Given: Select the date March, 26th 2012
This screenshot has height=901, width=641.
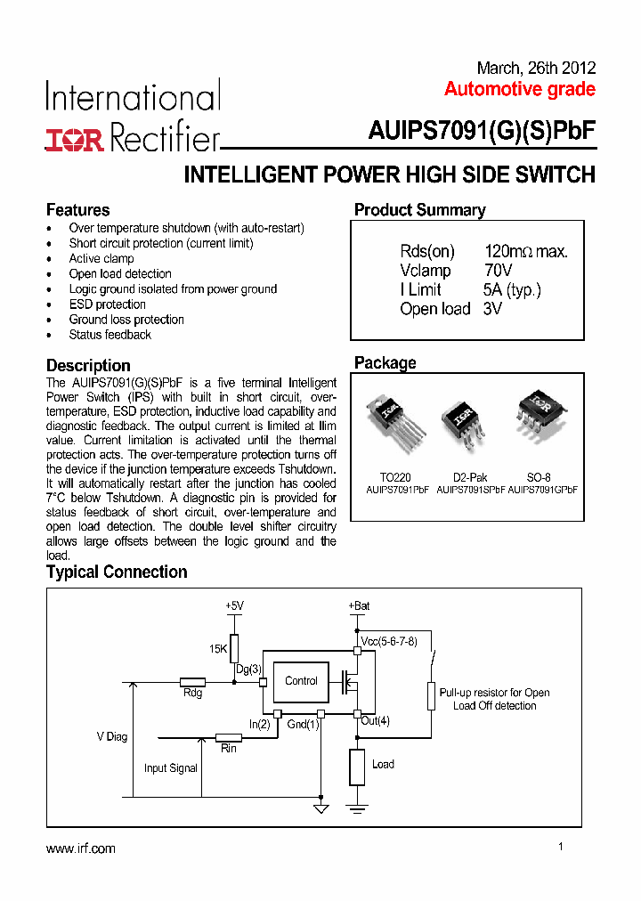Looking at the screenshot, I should [536, 69].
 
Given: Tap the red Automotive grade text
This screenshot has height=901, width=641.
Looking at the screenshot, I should [519, 90].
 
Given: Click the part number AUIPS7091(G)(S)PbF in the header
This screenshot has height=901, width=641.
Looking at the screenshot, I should [482, 131].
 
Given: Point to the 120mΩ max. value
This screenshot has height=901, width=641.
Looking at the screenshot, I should [525, 252].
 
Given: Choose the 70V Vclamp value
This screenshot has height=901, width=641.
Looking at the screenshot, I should [499, 271].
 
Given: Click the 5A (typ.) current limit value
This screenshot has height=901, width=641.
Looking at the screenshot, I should [512, 289].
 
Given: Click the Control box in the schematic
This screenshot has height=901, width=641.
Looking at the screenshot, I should [301, 681].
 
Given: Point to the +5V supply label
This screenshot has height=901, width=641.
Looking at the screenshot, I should [233, 605].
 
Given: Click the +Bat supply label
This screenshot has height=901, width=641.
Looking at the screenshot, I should [359, 605].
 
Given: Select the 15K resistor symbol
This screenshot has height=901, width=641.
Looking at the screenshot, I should [234, 647].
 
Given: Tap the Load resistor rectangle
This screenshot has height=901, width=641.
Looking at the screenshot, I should [357, 767].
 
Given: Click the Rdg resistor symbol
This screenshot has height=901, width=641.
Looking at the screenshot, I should [192, 682].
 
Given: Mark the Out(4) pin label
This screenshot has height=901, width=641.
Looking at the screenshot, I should [375, 721].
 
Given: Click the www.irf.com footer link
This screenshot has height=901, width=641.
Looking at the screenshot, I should [80, 848].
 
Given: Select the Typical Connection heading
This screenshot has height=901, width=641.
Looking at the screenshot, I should [117, 572].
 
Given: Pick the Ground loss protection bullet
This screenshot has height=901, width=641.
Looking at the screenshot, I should [126, 320].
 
